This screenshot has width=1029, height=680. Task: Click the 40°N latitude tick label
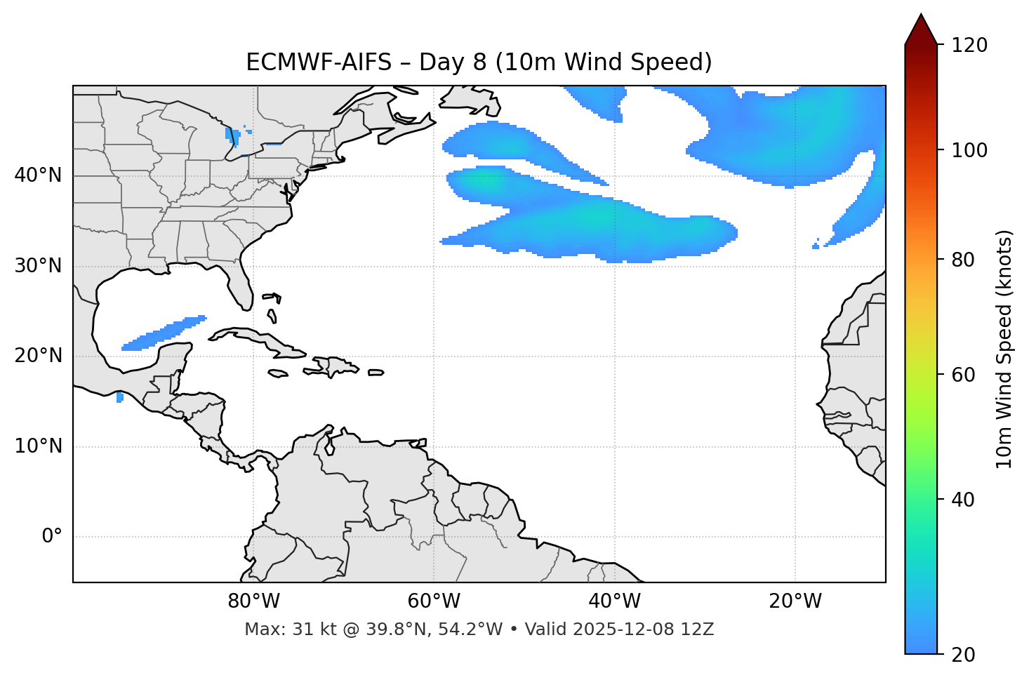coord(38,175)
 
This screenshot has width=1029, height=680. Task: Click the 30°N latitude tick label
coord(38,266)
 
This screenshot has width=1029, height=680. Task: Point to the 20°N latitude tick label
coord(38,356)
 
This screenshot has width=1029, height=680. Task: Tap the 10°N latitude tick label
coord(38,446)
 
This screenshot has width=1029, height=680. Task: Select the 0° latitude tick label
coord(52,537)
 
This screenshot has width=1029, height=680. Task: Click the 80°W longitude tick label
coord(253,601)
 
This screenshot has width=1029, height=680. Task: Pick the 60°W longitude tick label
coord(434,601)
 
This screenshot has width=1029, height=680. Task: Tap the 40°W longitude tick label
coord(614,601)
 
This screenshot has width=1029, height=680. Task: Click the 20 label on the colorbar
coord(963,654)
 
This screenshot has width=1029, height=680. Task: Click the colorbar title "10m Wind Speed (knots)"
coord(1004,349)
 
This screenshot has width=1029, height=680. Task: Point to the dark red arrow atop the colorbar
coord(921,30)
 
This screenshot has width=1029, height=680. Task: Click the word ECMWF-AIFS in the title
coord(318,62)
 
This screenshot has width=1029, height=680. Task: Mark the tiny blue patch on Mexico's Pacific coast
coord(119,397)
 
